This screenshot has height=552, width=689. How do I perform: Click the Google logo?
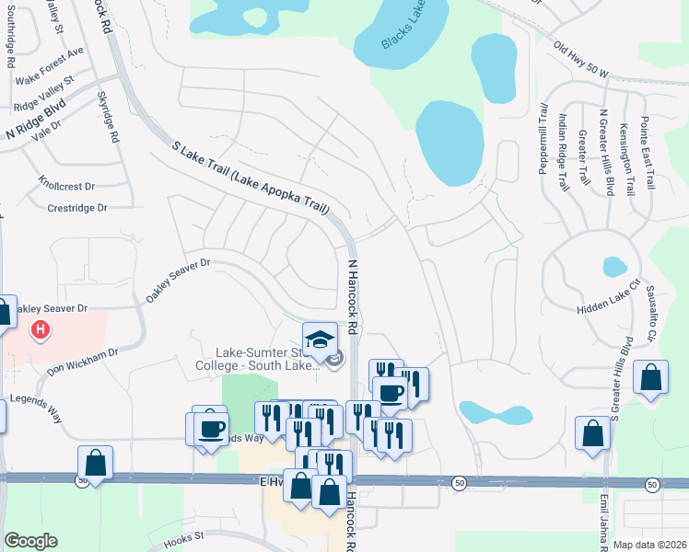point(30,541)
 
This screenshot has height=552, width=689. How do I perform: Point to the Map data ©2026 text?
point(649,544)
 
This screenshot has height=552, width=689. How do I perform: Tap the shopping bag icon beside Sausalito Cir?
point(650,380)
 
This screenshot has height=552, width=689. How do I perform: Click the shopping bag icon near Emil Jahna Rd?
point(592,433)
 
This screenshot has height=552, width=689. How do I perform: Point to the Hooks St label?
point(183,539)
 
